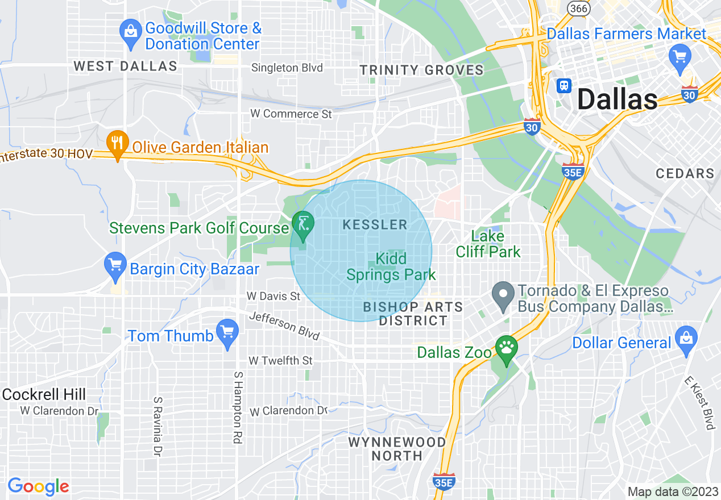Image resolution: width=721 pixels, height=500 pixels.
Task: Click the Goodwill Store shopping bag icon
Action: pyautogui.click(x=131, y=31)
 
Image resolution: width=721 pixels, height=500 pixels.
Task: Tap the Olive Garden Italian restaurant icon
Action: pyautogui.click(x=117, y=144)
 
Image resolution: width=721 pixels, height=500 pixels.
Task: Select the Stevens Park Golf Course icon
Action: pyautogui.click(x=302, y=224)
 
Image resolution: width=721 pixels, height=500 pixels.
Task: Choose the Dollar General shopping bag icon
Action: pyautogui.click(x=686, y=339)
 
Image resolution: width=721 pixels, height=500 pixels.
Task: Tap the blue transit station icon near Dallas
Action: pyautogui.click(x=563, y=85)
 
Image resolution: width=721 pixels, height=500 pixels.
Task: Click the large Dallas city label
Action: pyautogui.click(x=617, y=100)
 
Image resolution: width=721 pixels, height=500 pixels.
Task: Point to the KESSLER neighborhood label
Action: pyautogui.click(x=375, y=225)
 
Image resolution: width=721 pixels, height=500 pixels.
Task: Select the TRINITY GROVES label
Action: pyautogui.click(x=421, y=70)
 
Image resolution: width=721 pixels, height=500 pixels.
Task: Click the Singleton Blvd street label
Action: pyautogui.click(x=287, y=68)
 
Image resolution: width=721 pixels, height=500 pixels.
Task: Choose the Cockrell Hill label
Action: pyautogui.click(x=44, y=394)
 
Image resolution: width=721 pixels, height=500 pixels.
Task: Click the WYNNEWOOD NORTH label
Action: pyautogui.click(x=397, y=449)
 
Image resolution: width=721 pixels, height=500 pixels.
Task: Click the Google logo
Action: pyautogui.click(x=38, y=486)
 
